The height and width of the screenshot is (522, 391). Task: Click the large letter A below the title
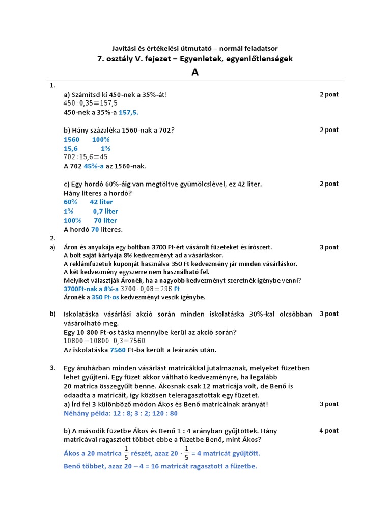(x=195, y=72)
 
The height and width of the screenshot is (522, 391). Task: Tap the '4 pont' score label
(x=328, y=431)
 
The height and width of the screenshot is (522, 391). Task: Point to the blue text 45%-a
(x=94, y=166)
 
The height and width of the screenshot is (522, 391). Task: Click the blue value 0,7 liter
(x=105, y=211)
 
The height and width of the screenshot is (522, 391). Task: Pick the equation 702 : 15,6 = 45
(x=86, y=157)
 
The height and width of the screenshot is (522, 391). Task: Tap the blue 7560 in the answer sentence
(x=118, y=350)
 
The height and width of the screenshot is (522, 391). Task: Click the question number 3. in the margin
(x=52, y=367)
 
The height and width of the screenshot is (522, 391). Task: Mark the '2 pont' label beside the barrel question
(x=328, y=184)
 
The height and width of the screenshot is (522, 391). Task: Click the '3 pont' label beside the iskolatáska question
(x=328, y=314)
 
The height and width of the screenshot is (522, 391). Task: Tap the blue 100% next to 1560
(x=101, y=139)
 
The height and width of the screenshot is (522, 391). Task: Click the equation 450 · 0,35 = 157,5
(x=90, y=103)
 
